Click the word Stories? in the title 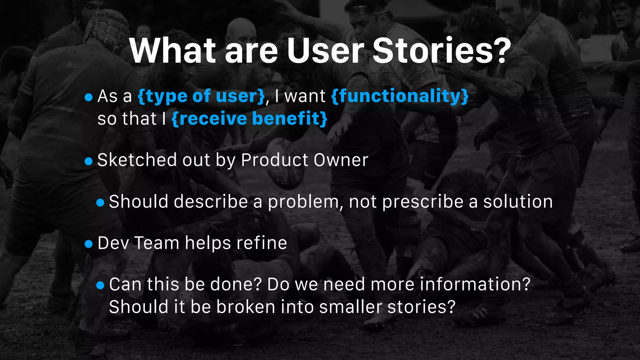pos(442,51)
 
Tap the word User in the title pos(325,51)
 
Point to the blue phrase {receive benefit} pos(249,119)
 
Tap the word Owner pos(341,160)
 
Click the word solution pos(518,202)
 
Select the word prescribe pos(423,202)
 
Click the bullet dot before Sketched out pos(89,161)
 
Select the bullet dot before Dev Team pos(89,244)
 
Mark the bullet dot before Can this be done pos(100,285)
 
